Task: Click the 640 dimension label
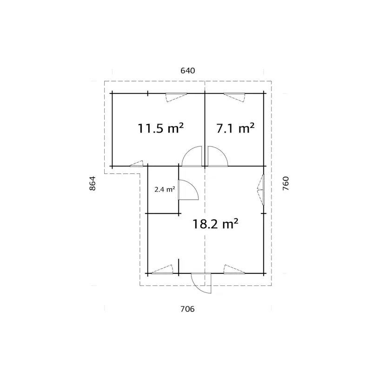point(187,71)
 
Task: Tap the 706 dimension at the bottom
point(187,309)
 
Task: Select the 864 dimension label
point(93,183)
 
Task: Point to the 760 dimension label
point(286,183)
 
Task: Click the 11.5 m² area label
point(160,128)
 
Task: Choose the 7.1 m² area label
point(235,128)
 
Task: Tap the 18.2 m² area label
point(215,224)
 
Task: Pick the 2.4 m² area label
point(165,189)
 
